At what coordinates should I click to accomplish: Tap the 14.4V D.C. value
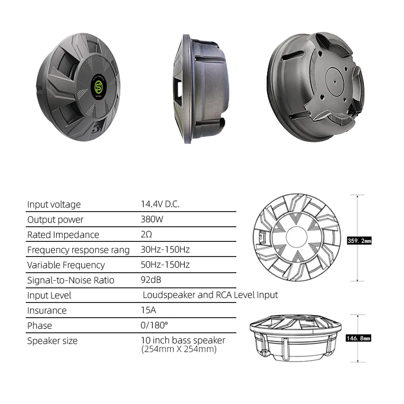coord(160,205)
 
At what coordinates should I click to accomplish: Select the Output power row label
coord(55,220)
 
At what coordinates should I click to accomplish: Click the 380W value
coord(153,220)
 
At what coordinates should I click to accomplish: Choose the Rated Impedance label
coord(63,235)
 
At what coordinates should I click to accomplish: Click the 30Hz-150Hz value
coord(165,250)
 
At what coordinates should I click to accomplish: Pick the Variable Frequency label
coord(66,265)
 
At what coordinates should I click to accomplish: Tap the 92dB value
coord(151,280)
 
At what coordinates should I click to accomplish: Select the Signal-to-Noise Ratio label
coord(71,280)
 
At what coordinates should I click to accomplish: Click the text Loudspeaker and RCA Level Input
coord(210,295)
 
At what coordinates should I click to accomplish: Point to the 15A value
coord(148,311)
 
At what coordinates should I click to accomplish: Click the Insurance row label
coord(46,311)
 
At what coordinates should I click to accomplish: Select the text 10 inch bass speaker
coord(183,340)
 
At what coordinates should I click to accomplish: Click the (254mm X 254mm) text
coord(179,349)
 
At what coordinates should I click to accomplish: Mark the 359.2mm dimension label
coord(360,241)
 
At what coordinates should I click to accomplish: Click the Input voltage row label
coord(54,205)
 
